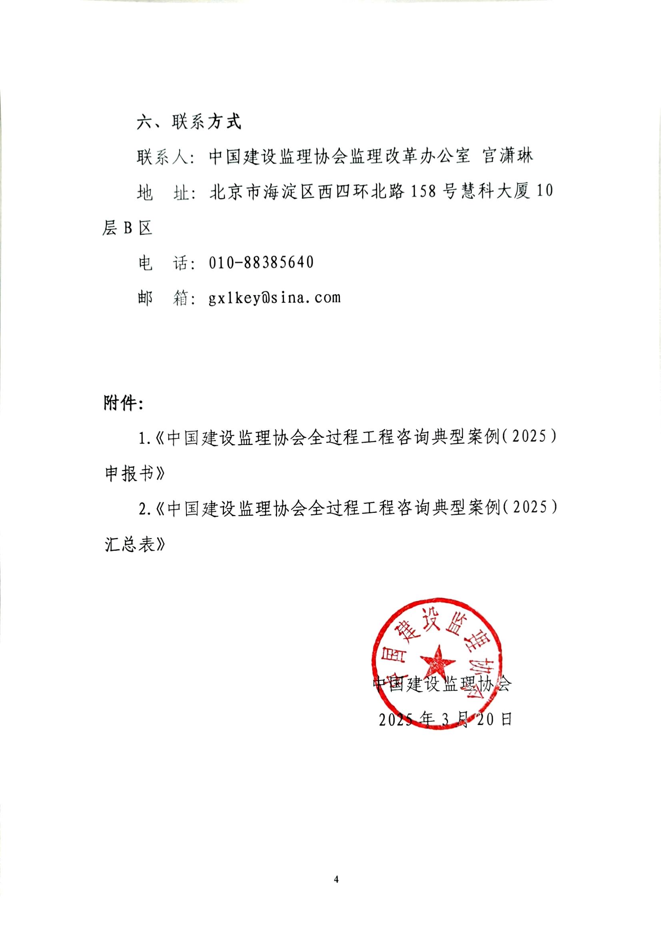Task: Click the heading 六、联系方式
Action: [x=189, y=121]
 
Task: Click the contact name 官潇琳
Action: [x=508, y=157]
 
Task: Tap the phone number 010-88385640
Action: [x=261, y=262]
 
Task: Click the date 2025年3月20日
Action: [x=445, y=719]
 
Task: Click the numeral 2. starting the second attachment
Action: [x=144, y=510]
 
